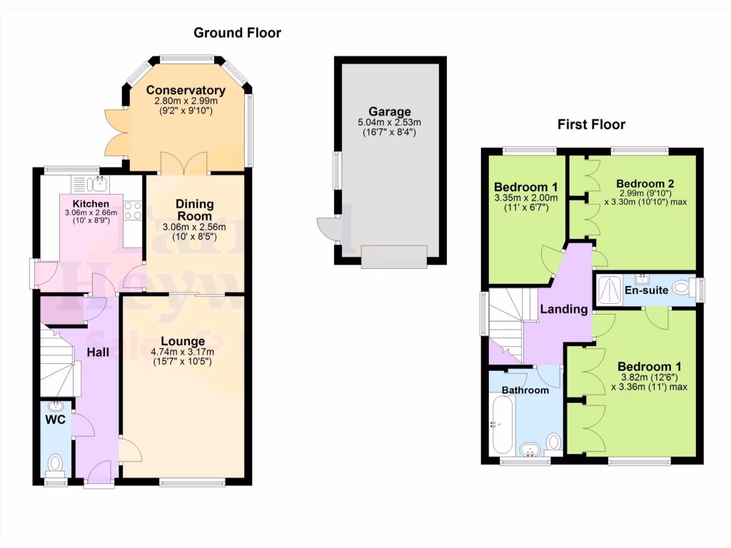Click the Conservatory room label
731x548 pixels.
[186, 91]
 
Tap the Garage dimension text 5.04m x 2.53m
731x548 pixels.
[390, 123]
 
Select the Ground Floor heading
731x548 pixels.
[238, 33]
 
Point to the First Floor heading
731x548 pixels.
[591, 125]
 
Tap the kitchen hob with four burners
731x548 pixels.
[132, 210]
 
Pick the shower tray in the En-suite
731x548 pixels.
[609, 288]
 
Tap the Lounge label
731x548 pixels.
[183, 341]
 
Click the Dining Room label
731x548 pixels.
[194, 209]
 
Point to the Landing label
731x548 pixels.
[563, 310]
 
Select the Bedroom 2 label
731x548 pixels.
[645, 182]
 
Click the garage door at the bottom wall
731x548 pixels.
[393, 257]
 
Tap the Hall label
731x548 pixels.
[97, 352]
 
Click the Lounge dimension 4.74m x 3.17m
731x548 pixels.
[183, 352]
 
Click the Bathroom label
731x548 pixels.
[525, 390]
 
